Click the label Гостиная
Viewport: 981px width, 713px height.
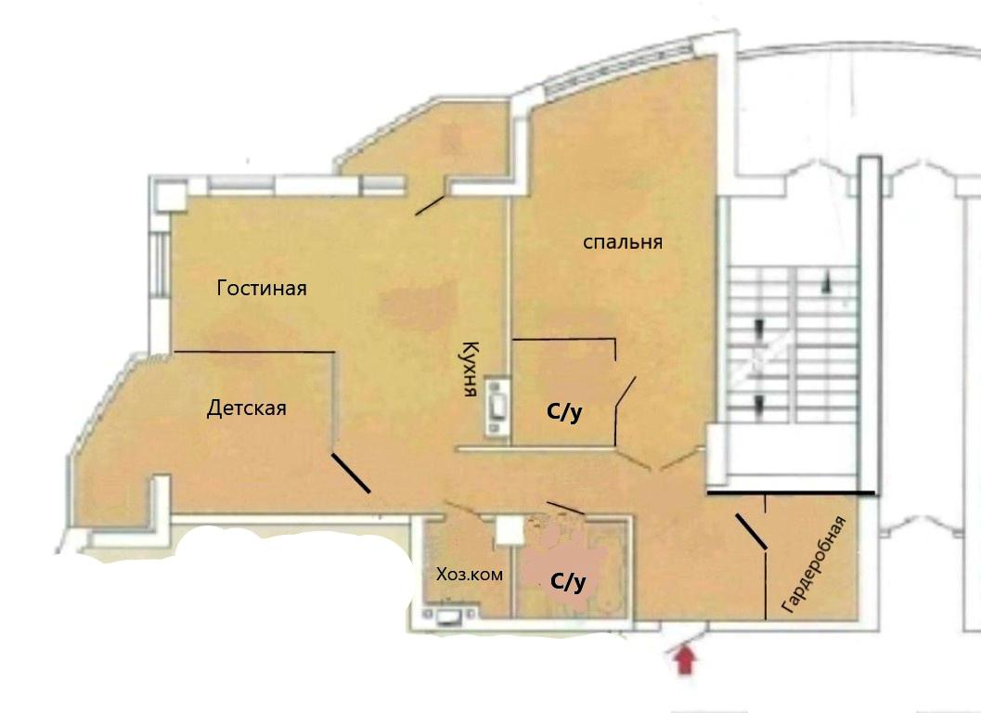262,288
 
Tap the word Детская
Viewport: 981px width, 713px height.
247,408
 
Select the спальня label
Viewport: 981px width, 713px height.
623,241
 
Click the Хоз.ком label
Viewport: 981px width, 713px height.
470,574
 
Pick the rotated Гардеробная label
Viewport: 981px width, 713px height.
813,564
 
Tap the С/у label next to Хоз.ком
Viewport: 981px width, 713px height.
568,582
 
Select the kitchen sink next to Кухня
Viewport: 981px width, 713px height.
497,407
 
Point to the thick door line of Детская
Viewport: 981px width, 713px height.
351,473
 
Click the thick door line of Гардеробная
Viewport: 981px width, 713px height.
751,532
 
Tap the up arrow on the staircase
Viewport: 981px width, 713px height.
830,282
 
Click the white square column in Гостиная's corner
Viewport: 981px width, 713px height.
172,195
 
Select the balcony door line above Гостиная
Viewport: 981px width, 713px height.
431,205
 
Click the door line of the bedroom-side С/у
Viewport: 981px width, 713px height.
626,393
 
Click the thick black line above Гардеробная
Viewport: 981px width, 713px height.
792,494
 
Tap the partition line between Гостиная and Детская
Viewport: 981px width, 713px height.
254,352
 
